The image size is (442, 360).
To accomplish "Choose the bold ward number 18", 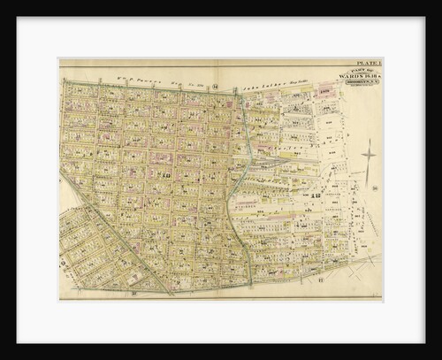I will click(315, 195).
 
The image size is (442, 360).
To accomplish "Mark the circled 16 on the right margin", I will click(376, 188).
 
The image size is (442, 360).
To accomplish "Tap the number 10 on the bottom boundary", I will click(133, 291).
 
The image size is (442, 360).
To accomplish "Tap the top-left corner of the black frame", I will click(3, 3).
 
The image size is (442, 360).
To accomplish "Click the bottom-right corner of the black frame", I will click(439, 356).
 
